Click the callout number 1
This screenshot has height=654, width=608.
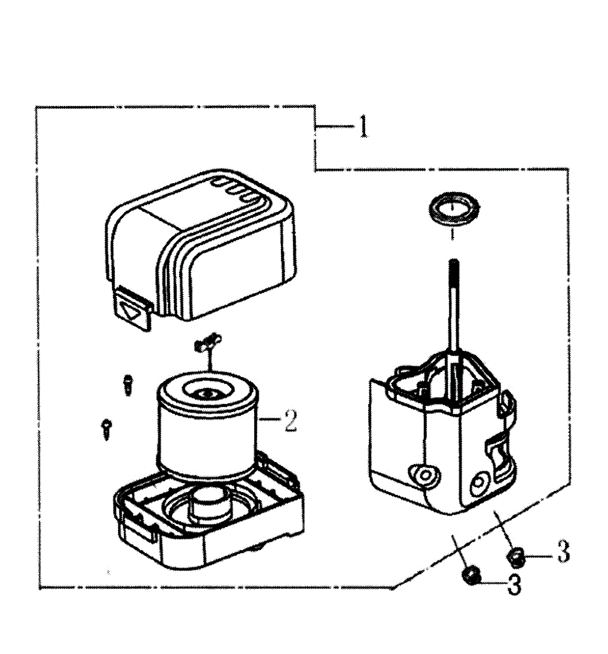point(363,128)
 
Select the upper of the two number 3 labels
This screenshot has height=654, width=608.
point(562,552)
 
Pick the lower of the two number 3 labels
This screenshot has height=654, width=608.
point(514,585)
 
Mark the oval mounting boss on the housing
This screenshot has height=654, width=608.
point(422,474)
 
